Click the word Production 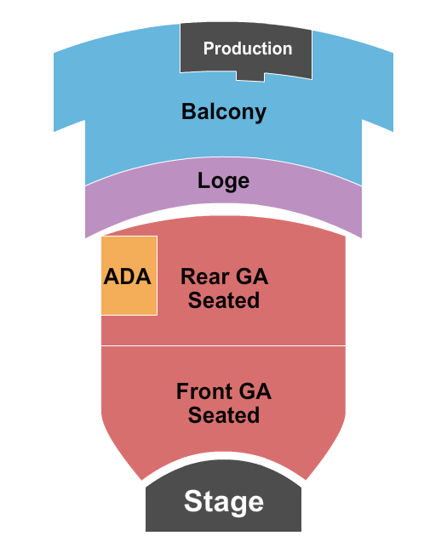pos(247,48)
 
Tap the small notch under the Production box pos(249,77)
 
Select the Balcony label pos(223,111)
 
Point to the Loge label pos(223,180)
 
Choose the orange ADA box pos(129,276)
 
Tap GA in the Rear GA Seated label pos(251,276)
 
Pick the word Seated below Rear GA pos(223,300)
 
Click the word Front pos(204,391)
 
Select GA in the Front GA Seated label pos(255,391)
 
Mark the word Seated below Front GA pos(223,415)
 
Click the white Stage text pos(223,501)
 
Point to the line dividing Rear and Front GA pos(223,345)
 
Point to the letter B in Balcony pos(188,111)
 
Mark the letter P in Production pos(208,48)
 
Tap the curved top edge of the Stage pos(223,460)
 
